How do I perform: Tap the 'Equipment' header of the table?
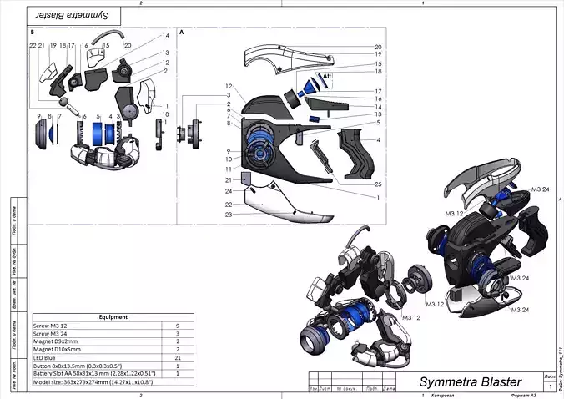(113, 317)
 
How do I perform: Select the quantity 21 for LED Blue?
(178, 357)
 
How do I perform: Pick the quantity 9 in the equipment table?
(178, 326)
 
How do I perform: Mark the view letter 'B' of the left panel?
(32, 33)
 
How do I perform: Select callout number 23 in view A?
(227, 215)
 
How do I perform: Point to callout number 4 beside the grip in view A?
(377, 139)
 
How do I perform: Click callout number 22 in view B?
(32, 46)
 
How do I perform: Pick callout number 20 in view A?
(377, 47)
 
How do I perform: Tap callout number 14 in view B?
(165, 36)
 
